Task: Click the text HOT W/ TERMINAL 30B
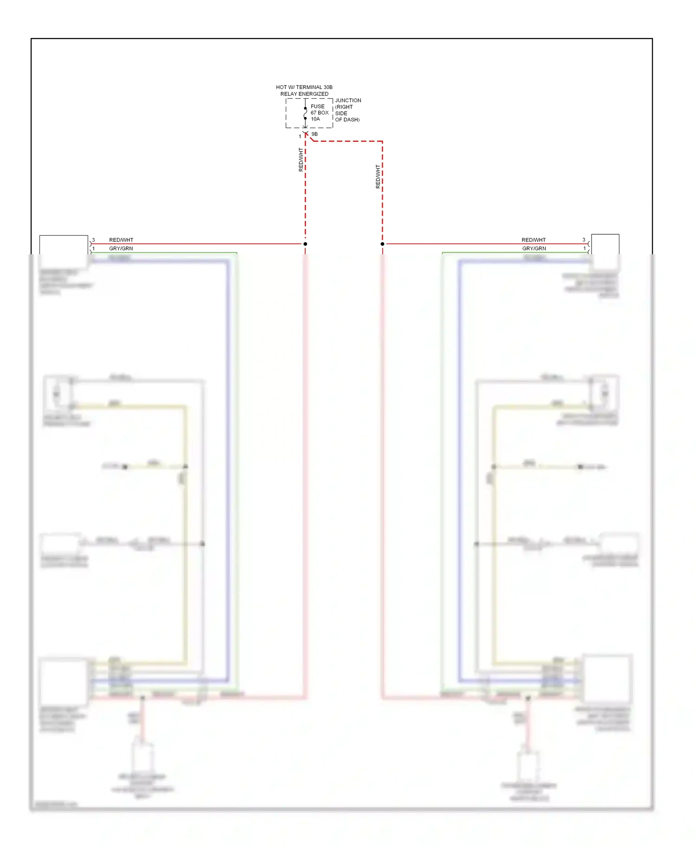tap(304, 87)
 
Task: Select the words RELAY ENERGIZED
tap(304, 94)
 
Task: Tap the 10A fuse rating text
tap(315, 119)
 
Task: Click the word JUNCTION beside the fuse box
tap(348, 100)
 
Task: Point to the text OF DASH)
tap(347, 120)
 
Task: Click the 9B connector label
tap(315, 134)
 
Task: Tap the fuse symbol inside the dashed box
tap(305, 113)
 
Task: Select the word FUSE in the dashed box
tap(317, 106)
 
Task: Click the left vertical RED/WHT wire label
tap(301, 160)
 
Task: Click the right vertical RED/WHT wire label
tap(378, 176)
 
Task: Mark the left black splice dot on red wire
tap(305, 244)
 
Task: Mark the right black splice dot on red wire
tap(382, 244)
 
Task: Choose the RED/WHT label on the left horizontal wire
tap(121, 240)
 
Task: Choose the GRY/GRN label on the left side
tap(121, 249)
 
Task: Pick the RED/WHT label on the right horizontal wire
tap(534, 240)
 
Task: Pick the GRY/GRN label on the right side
tap(534, 249)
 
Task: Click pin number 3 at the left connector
tap(93, 240)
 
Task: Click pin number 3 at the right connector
tap(584, 240)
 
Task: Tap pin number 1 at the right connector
tap(584, 249)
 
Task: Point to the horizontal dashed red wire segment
tap(348, 141)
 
